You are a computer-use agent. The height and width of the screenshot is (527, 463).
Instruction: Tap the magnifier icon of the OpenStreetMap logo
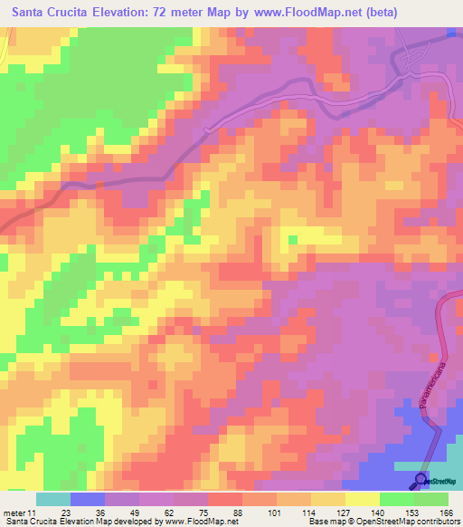(421, 481)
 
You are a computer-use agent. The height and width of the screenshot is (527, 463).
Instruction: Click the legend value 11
(35, 512)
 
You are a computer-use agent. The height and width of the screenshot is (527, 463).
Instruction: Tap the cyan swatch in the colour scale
(52, 499)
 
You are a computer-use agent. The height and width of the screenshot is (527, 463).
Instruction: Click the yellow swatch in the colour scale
(362, 499)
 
